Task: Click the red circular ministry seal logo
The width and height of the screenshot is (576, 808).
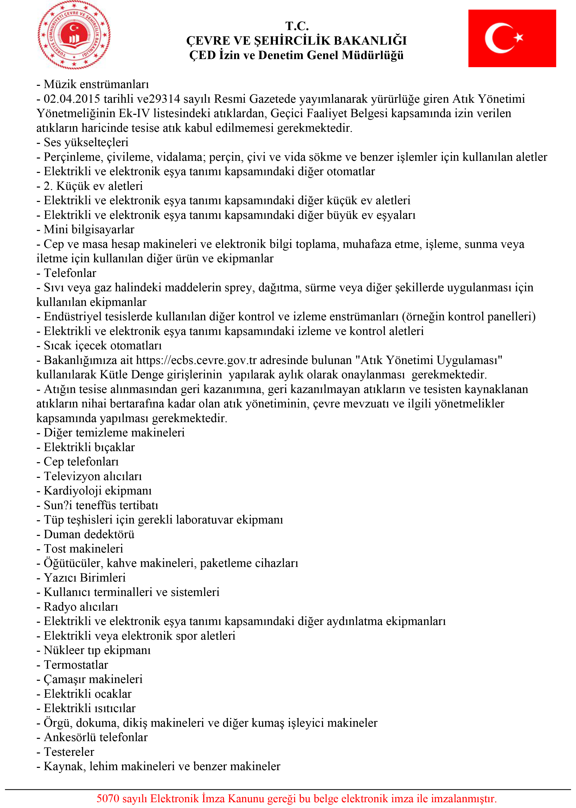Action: coord(74,35)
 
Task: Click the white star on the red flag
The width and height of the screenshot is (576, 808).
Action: coord(518,37)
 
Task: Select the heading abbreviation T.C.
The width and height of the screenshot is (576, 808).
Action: coord(297,26)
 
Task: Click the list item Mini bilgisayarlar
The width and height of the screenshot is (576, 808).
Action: coord(89,230)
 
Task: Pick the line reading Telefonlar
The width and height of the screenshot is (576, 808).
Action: coord(70,273)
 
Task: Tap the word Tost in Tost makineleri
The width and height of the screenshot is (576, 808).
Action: coord(55,549)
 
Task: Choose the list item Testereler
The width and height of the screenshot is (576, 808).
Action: coord(69,751)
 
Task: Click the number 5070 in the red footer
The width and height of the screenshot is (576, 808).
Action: coord(108,798)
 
